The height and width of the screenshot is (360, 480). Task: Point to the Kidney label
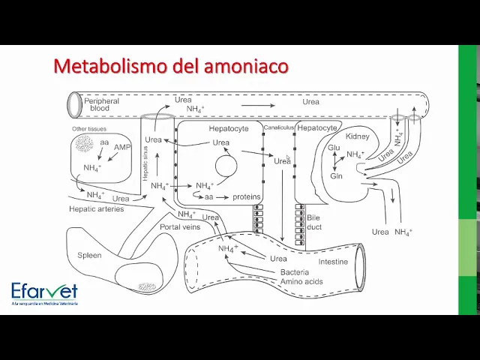pos(358,137)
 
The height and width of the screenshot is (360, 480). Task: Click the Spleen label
pos(89,255)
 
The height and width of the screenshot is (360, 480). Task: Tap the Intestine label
pos(333,262)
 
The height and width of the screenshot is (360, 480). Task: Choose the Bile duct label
pos(313,221)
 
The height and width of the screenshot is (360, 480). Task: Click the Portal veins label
pos(180,226)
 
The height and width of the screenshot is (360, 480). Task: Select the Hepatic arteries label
pos(96,209)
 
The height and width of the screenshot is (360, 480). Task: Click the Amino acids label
pos(301,281)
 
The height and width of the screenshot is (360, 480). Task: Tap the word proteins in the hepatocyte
pos(246,197)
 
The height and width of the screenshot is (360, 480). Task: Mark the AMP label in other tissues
pos(122,148)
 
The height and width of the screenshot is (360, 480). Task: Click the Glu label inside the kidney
pos(334,148)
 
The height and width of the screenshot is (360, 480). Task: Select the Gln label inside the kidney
pos(336,176)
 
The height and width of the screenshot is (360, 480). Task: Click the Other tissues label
pos(89,129)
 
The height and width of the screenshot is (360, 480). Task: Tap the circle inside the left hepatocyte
pos(226,166)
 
